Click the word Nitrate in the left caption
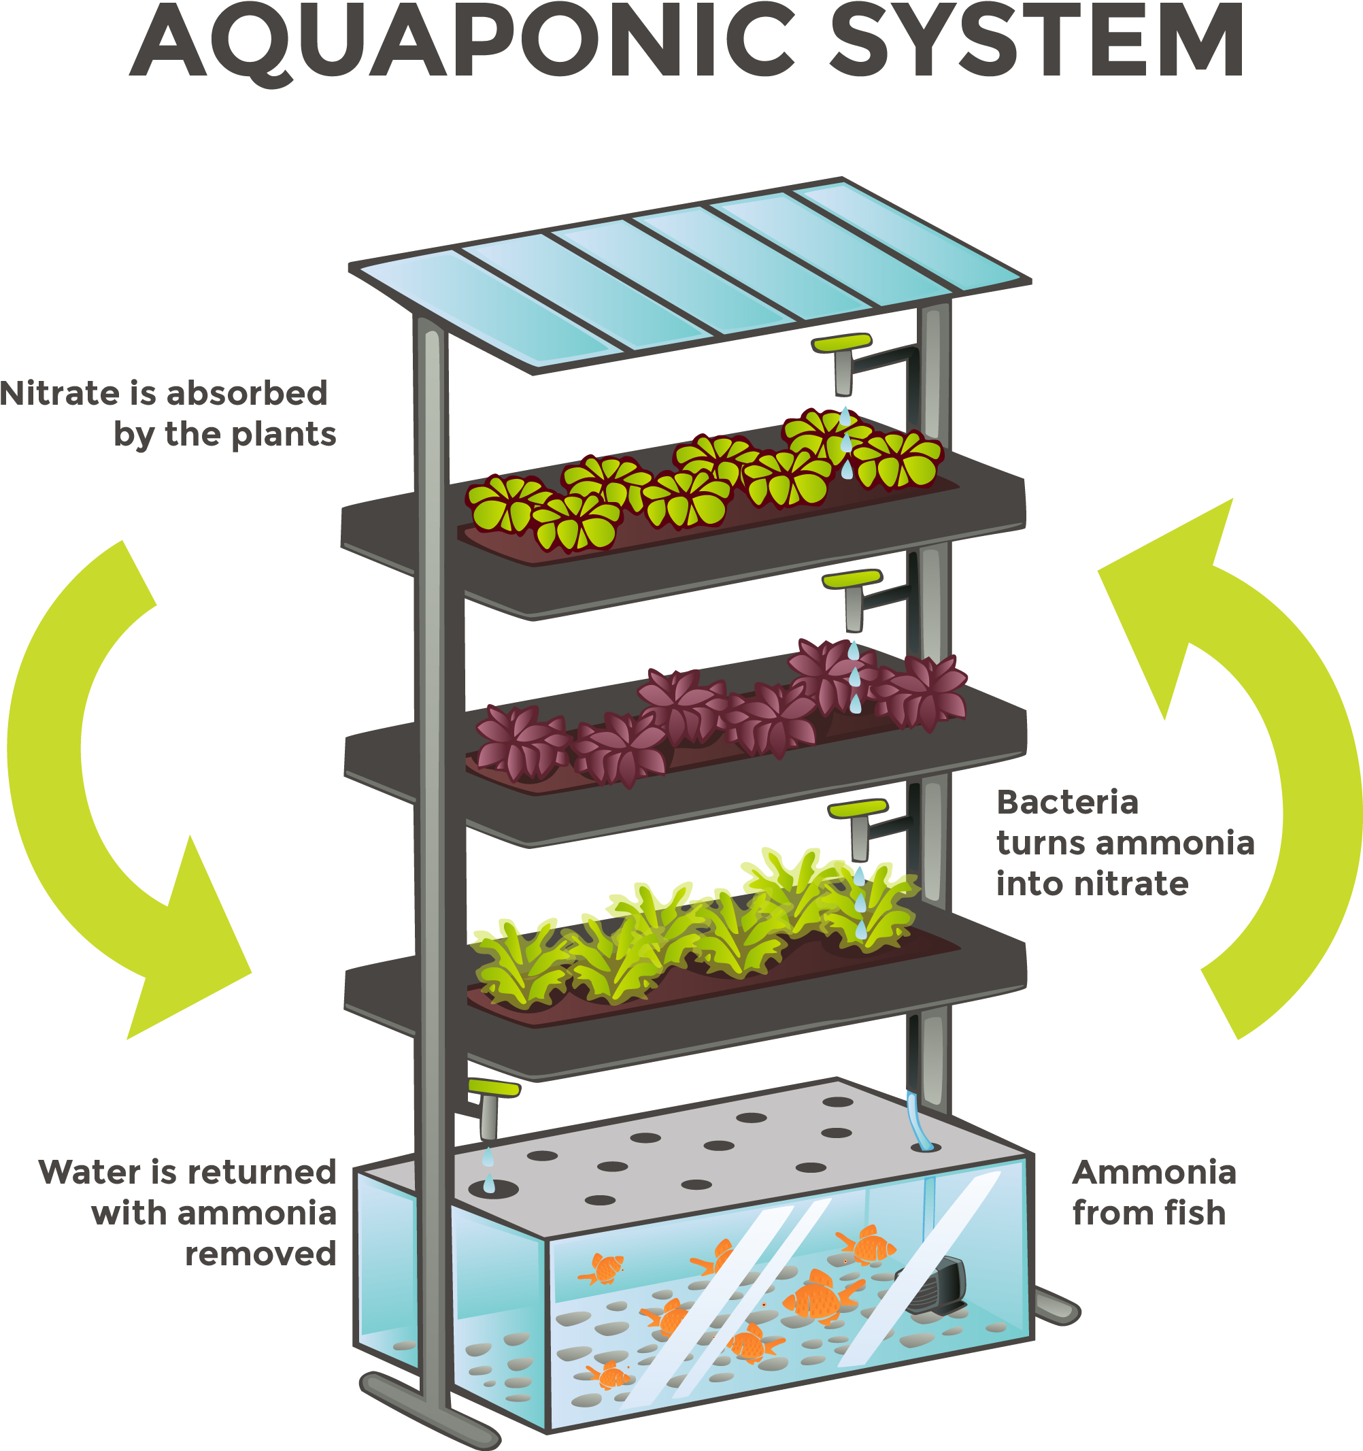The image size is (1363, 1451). pyautogui.click(x=60, y=393)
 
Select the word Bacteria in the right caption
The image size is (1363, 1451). pyautogui.click(x=1068, y=803)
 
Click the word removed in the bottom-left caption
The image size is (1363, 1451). pyautogui.click(x=260, y=1254)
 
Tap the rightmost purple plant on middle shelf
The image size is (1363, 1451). pyautogui.click(x=921, y=691)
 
